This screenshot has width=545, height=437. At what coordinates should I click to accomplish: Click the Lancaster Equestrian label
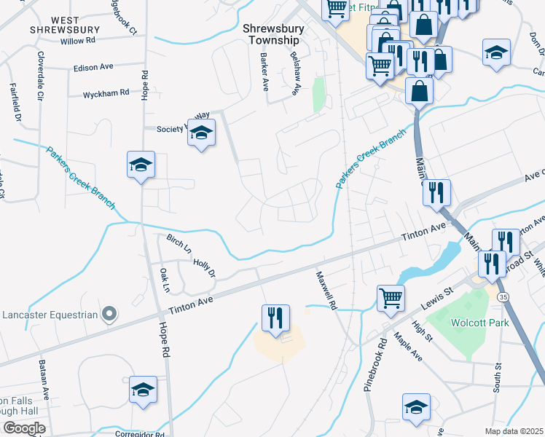(50, 315)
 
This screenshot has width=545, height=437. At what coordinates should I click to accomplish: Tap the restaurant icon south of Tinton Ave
(275, 318)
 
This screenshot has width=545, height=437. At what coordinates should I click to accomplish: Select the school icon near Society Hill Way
(201, 133)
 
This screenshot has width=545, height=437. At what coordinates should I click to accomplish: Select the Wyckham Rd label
(106, 94)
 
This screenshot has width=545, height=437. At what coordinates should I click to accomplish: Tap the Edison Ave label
(93, 67)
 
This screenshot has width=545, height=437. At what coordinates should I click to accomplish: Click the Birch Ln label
(179, 244)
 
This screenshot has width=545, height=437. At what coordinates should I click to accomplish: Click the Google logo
(24, 428)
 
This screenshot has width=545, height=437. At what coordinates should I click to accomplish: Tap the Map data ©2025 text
(513, 431)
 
